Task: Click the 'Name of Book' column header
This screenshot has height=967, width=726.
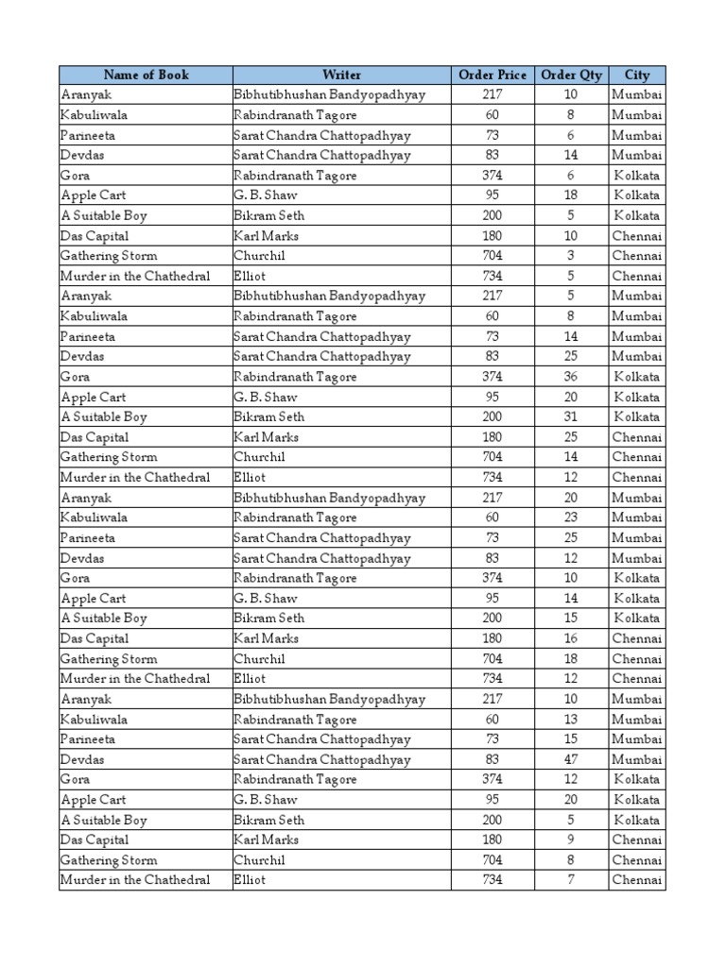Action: [x=146, y=75]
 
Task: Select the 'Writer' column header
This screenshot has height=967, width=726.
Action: [x=341, y=75]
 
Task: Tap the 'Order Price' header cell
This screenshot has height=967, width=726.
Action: [x=492, y=75]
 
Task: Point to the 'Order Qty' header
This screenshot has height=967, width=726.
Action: [x=571, y=75]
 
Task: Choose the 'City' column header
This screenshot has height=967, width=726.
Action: [x=637, y=75]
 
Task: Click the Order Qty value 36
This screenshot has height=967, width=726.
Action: [x=571, y=377]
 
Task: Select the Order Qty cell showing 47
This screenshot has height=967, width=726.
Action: [x=571, y=759]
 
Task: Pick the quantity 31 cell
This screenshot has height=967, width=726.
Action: [x=571, y=416]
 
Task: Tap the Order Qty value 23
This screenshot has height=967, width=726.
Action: [x=571, y=517]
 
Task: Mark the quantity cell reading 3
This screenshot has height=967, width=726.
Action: [x=571, y=256]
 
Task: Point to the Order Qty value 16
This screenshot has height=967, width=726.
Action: [x=571, y=638]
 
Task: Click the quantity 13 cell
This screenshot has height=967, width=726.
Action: [x=571, y=720]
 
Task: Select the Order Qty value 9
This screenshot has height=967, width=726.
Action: [x=571, y=840]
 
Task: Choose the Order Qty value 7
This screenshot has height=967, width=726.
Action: [x=571, y=880]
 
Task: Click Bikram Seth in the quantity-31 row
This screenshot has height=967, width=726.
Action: [x=269, y=416]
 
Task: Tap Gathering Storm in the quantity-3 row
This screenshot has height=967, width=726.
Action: [x=109, y=256]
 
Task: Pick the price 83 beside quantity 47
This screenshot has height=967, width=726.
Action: [x=492, y=759]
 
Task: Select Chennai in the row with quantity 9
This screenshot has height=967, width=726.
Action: [x=637, y=840]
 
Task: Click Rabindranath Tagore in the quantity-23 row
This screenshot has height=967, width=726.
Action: [x=295, y=517]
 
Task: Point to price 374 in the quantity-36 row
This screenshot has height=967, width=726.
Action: [x=492, y=377]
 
